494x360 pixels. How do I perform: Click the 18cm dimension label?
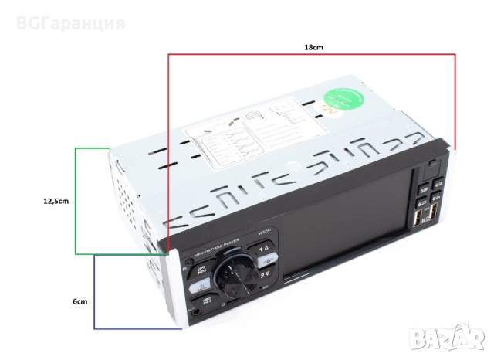tap(313, 47)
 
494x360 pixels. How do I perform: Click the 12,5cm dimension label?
tap(56, 201)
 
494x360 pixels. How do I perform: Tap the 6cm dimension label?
tap(80, 302)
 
